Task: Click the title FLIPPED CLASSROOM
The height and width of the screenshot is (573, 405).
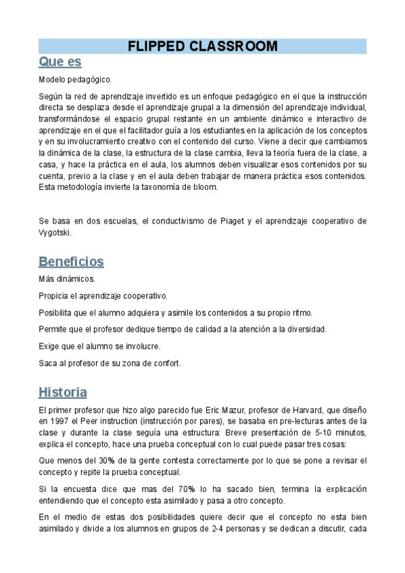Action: (x=202, y=46)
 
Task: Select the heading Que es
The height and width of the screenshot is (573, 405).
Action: (x=60, y=62)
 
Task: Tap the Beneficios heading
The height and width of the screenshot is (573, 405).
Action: (x=71, y=261)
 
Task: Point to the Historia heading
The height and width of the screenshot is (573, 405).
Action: (x=63, y=392)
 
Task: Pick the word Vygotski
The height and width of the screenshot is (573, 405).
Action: (x=54, y=232)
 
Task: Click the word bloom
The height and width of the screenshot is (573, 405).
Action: (x=204, y=187)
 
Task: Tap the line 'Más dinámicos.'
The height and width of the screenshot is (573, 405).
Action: (x=67, y=279)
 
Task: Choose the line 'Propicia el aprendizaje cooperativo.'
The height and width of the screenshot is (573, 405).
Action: (x=103, y=296)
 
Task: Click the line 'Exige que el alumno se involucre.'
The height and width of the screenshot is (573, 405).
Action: (x=99, y=346)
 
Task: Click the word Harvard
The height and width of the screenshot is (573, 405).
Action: (x=303, y=410)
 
